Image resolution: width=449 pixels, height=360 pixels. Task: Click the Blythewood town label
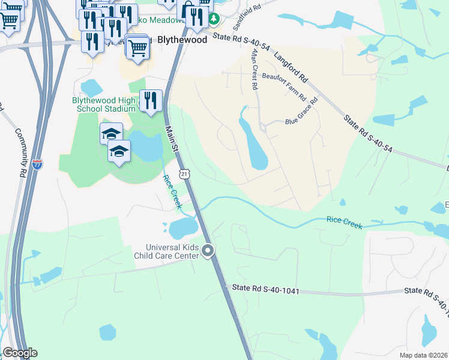pyautogui.click(x=182, y=40)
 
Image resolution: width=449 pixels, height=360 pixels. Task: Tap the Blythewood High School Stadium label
pyautogui.click(x=104, y=104)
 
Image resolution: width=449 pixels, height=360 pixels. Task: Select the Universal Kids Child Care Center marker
pyautogui.click(x=208, y=251)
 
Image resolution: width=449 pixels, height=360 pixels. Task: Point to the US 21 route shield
pyautogui.click(x=185, y=173)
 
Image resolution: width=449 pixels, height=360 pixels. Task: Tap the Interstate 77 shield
pyautogui.click(x=38, y=164)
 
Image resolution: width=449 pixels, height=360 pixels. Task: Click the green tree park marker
pyautogui.click(x=214, y=19)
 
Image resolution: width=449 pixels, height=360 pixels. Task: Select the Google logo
pyautogui.click(x=20, y=353)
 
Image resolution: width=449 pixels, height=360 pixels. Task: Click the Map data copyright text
pyautogui.click(x=423, y=356)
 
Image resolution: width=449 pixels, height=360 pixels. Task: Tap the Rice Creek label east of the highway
pyautogui.click(x=345, y=222)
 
